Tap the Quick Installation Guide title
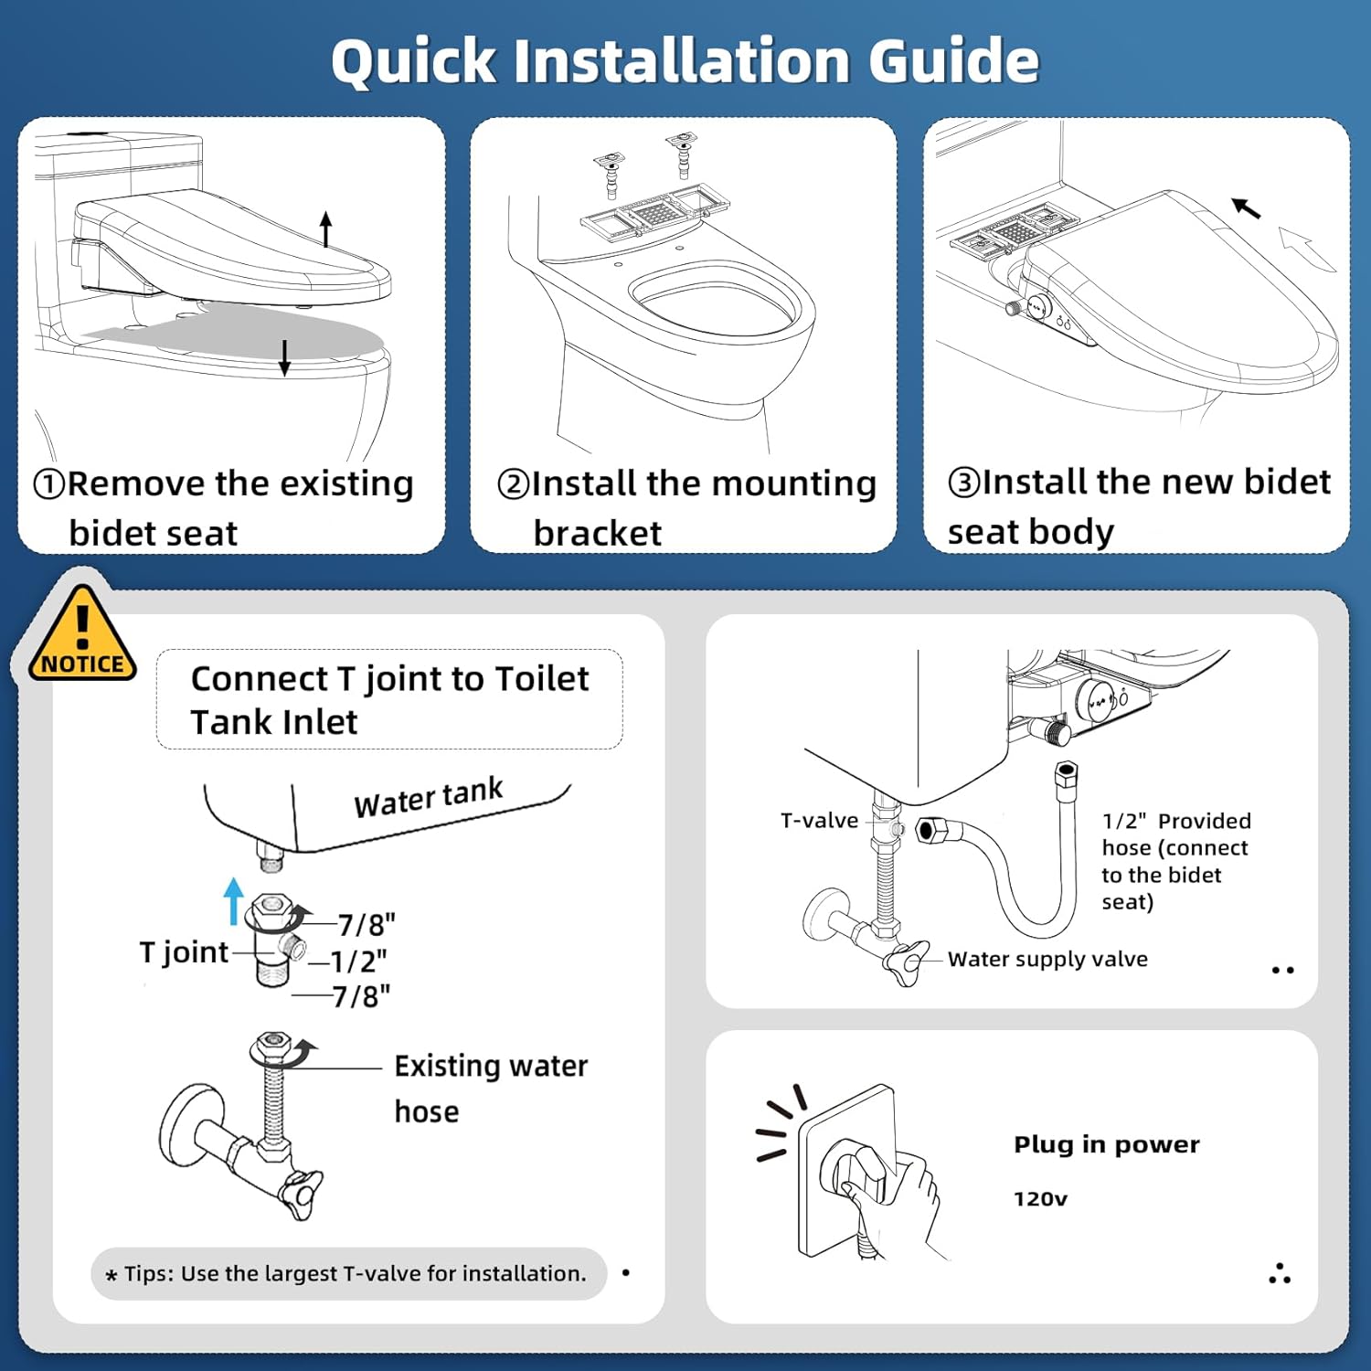point(685,61)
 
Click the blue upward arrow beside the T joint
point(234,901)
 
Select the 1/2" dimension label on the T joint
point(358,962)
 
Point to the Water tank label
point(429,798)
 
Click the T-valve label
point(820,821)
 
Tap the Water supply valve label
point(1047,959)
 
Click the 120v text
point(1040,1199)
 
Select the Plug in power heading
point(1107,1145)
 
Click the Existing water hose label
point(491,1089)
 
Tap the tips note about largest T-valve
point(348,1273)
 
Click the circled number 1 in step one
point(49,484)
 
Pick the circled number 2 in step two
point(514,484)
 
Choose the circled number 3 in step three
point(964,482)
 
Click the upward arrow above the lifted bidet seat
point(326,229)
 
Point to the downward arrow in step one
point(285,357)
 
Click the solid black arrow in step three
point(1246,208)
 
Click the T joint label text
point(184,952)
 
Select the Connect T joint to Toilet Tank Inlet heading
point(390,700)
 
